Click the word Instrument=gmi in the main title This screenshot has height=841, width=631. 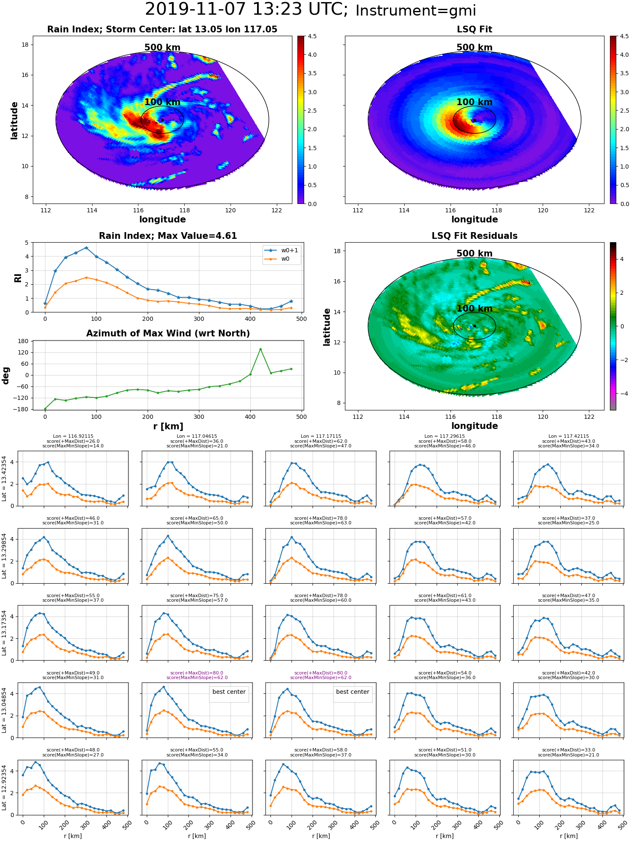pos(416,11)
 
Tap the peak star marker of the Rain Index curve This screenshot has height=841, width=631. pos(86,248)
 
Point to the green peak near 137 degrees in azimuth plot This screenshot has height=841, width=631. pos(260,349)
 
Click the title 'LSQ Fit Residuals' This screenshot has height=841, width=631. pos(475,236)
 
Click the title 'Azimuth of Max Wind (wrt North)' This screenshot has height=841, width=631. pos(168,333)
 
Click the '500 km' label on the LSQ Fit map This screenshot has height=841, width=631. pos(475,48)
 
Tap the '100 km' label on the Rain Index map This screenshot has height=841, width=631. pos(162,102)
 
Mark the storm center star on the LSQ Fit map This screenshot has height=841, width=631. pos(475,120)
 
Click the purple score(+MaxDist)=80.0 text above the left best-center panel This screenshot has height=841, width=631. pos(197,673)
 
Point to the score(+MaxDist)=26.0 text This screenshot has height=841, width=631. pos(73,441)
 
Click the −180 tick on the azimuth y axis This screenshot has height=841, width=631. pos(23,409)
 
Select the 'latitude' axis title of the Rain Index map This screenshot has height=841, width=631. pos(14,120)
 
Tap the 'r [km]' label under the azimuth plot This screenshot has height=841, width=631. pos(168,426)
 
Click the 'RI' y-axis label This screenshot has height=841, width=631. pos(18,278)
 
